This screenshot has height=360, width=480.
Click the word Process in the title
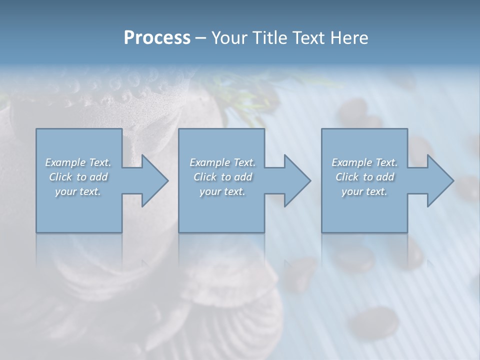157,38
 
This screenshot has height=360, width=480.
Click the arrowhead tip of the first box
167,181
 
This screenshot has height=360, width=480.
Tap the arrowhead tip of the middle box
310,181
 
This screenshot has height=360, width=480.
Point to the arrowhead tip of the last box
453,181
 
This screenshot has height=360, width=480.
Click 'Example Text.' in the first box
78,162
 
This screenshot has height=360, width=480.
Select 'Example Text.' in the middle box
222,162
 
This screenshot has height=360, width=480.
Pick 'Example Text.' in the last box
364,162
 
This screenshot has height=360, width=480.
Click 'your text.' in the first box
78,191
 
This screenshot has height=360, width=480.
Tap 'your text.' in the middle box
222,191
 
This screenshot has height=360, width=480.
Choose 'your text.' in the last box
364,191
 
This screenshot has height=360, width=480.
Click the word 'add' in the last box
385,177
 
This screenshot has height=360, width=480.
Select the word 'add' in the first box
99,177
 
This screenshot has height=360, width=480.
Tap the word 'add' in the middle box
243,177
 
